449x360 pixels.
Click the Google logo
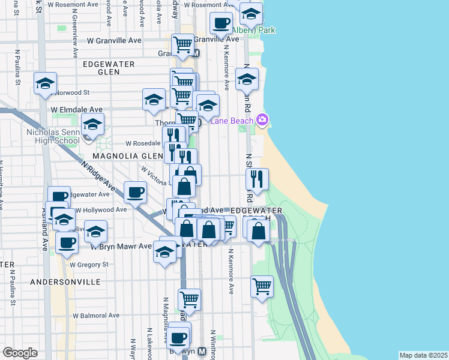[20, 353]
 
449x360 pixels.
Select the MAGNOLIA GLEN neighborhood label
[128, 156]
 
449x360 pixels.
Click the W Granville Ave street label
[114, 41]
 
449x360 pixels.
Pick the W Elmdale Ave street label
[77, 110]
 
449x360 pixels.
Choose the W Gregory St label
[89, 264]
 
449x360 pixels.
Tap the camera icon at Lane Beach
[262, 120]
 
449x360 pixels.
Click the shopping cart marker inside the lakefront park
[262, 287]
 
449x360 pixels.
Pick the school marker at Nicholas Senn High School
[92, 125]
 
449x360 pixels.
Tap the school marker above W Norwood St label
[46, 84]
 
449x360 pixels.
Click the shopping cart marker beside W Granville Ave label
[182, 44]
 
